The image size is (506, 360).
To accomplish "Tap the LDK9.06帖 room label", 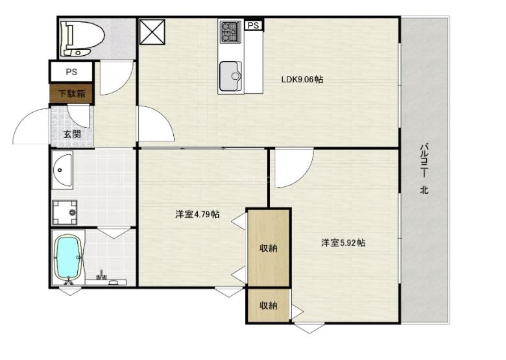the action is click(x=302, y=79).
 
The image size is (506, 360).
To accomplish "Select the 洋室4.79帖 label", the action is click(x=197, y=214).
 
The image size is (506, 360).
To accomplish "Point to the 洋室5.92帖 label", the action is click(x=343, y=243).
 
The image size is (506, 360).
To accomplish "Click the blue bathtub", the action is click(x=68, y=257).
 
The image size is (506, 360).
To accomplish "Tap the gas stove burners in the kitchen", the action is click(x=230, y=32).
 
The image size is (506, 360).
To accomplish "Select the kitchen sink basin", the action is click(x=230, y=76).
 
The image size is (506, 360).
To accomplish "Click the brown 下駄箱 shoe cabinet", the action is click(x=71, y=93).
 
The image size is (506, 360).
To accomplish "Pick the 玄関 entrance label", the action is click(x=72, y=134).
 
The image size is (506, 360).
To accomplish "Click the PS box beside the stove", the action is click(x=254, y=25).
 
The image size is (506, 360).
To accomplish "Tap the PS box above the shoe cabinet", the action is click(x=71, y=71).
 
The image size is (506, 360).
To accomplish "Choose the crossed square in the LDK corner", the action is click(x=152, y=32).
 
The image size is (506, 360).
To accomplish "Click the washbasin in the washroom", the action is click(x=62, y=170).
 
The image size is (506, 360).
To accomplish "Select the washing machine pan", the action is click(x=64, y=212).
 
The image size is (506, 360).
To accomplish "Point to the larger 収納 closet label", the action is click(x=269, y=248).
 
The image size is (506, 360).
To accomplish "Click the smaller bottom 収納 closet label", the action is click(x=269, y=306).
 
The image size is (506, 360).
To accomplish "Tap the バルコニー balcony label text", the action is click(x=424, y=160).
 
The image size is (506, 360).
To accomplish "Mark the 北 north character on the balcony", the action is click(x=424, y=190).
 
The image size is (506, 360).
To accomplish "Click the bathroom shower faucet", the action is click(x=102, y=275).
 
